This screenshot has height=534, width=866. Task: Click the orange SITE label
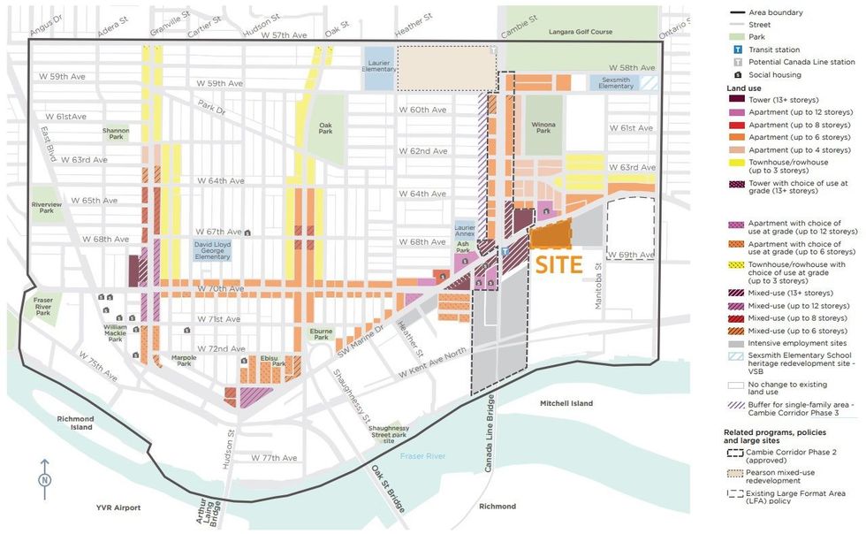click(x=558, y=264)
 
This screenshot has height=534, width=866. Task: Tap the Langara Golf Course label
click(x=581, y=32)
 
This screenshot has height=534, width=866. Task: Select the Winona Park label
click(x=543, y=129)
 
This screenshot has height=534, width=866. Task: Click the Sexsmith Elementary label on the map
click(x=615, y=82)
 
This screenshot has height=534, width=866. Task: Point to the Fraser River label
click(x=423, y=455)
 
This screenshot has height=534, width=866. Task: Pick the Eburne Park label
click(x=320, y=334)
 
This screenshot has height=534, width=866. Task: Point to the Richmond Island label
click(x=70, y=423)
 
